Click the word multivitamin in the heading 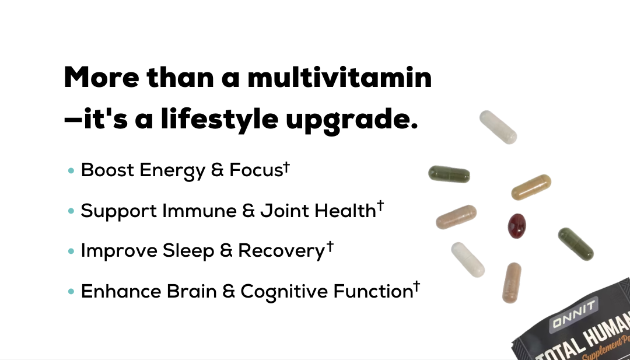tap(339, 77)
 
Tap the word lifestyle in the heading tap(219, 118)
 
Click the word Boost tap(107, 170)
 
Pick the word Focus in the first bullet tap(256, 170)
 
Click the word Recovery tap(281, 251)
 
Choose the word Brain tap(192, 291)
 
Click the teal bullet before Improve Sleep tap(72, 251)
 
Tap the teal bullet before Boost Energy tap(72, 171)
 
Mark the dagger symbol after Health tap(380, 207)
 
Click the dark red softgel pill tap(517, 226)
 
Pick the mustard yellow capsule tap(531, 187)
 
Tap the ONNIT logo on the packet tap(573, 315)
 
